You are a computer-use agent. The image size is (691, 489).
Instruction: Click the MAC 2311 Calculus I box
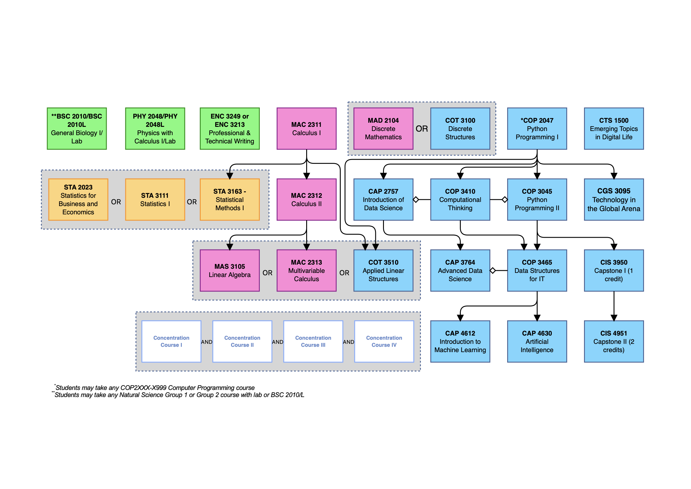(x=306, y=129)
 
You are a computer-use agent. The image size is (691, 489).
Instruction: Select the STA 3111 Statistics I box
(x=155, y=200)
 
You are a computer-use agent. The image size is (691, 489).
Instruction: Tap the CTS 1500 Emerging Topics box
(x=614, y=129)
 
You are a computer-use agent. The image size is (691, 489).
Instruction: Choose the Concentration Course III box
(x=313, y=341)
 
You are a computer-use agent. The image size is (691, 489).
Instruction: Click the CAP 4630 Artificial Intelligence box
(x=537, y=341)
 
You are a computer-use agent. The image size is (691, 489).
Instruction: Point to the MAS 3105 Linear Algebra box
(x=230, y=271)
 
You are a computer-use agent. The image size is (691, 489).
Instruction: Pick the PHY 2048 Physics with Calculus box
(x=155, y=129)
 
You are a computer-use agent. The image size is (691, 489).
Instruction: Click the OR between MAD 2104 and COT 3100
(x=422, y=129)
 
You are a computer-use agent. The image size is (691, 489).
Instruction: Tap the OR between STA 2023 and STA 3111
(x=116, y=202)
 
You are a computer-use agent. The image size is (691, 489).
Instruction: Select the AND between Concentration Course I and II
(x=207, y=342)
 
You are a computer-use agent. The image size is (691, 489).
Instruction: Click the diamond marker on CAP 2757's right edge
(x=416, y=200)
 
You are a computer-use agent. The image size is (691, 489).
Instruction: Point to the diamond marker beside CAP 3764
(x=493, y=271)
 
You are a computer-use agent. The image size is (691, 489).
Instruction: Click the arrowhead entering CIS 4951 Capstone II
(x=614, y=318)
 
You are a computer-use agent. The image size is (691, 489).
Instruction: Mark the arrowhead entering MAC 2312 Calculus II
(x=306, y=176)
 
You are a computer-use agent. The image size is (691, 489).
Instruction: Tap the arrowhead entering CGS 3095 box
(x=614, y=176)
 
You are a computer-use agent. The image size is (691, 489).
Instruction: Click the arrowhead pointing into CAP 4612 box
(x=460, y=318)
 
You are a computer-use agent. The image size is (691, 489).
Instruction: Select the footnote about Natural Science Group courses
(x=179, y=395)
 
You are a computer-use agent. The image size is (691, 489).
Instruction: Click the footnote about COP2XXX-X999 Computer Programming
(x=155, y=388)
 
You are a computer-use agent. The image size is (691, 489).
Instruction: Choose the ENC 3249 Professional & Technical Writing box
(x=230, y=129)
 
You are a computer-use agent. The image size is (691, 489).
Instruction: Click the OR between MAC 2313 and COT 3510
(x=344, y=273)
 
